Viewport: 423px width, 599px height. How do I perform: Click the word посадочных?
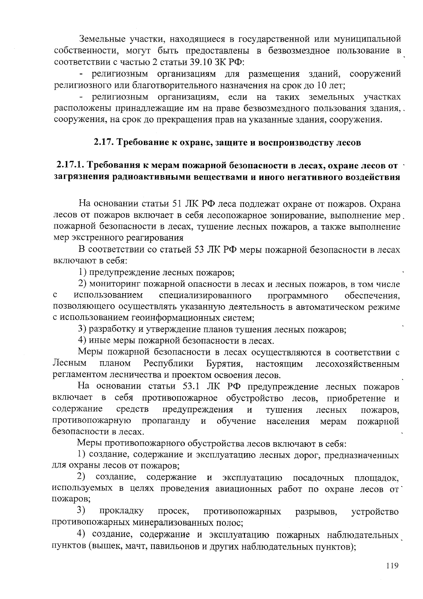pos(318,478)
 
